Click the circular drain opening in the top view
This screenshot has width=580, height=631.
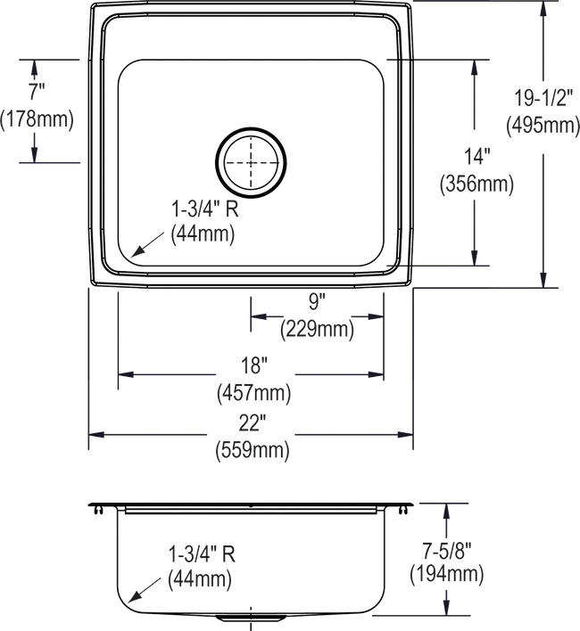(x=253, y=163)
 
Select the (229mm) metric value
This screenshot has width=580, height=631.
(x=319, y=334)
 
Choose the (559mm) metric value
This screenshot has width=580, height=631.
(x=253, y=451)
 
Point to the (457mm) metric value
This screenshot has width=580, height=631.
(x=253, y=392)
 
